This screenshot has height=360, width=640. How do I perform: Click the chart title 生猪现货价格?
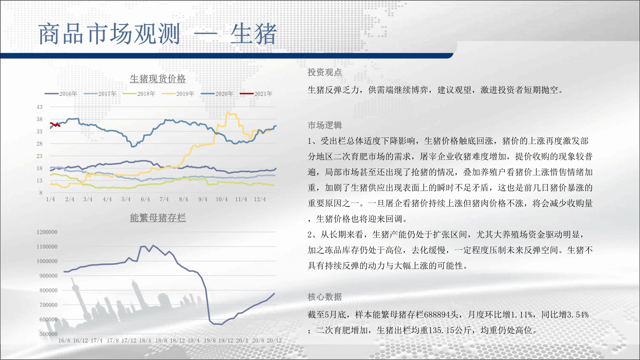158,79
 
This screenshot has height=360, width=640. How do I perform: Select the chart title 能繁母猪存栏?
158,218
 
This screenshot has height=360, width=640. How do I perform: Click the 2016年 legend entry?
61,94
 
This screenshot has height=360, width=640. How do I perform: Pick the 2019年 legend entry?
178,94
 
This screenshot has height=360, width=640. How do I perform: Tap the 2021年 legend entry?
256,94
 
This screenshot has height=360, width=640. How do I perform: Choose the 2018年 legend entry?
139,94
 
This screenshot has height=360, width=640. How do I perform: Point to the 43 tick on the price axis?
39,107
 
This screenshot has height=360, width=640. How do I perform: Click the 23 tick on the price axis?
39,156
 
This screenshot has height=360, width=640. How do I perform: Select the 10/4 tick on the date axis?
222,199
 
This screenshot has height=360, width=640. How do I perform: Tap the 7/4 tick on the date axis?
164,199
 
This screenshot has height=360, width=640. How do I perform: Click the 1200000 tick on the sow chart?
47,232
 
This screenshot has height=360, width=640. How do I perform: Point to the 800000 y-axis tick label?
49,291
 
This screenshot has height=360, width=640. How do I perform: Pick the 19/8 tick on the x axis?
210,340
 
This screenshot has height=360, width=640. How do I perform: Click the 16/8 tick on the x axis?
64,340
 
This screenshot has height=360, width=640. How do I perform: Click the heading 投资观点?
325,72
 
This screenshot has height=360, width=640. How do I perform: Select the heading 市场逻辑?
325,125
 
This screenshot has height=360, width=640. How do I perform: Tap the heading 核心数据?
325,297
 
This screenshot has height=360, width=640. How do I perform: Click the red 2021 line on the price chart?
55,124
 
